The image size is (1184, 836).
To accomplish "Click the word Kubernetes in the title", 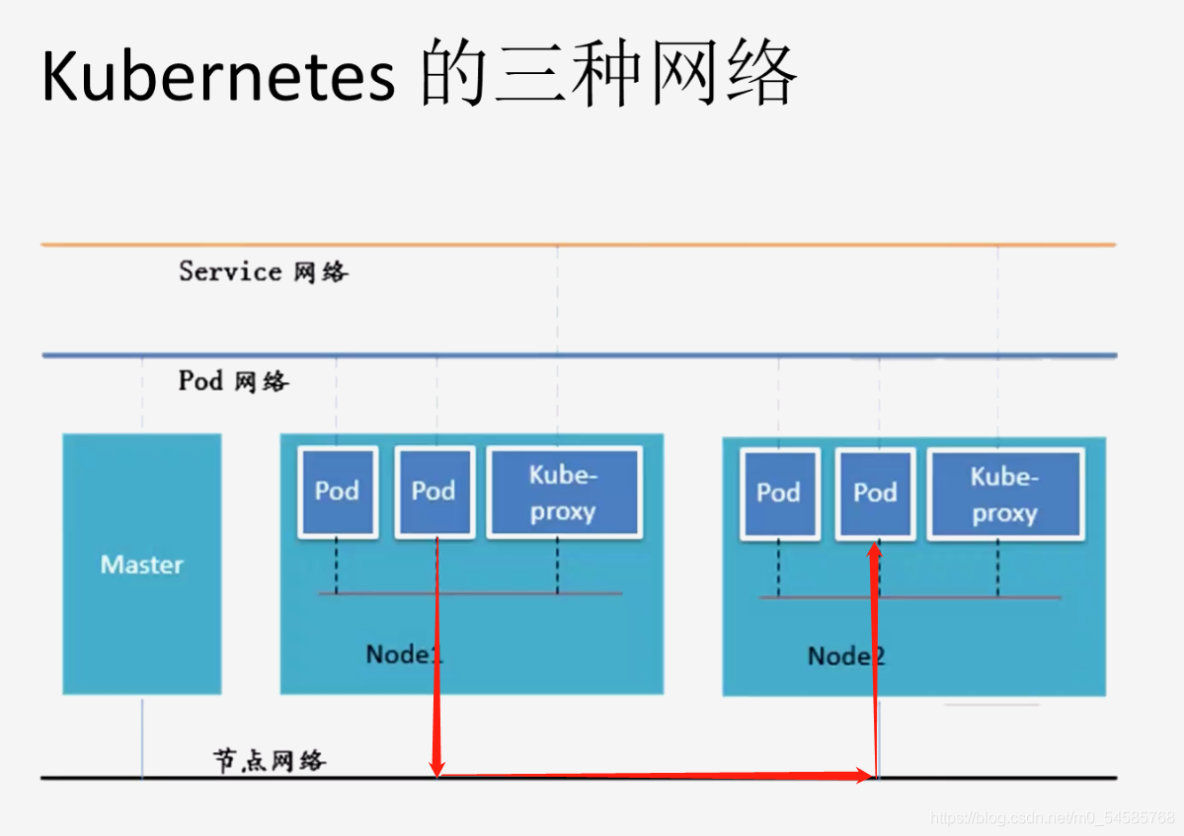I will [x=218, y=75].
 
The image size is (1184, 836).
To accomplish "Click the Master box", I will [x=142, y=565].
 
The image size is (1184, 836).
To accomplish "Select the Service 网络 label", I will [x=263, y=271].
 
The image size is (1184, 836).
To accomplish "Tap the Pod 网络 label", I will [x=234, y=381].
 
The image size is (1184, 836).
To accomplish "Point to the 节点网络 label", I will [x=270, y=760].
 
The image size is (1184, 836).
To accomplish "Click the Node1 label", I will [x=404, y=653].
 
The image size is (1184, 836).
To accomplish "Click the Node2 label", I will [x=845, y=655].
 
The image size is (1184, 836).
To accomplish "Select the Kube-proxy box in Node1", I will [x=563, y=493].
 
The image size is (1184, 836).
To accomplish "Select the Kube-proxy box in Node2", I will [x=1004, y=494].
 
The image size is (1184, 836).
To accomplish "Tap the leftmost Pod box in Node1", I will [x=337, y=492].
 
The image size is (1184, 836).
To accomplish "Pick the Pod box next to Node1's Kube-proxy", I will [x=434, y=492].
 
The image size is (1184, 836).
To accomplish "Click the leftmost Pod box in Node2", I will [x=778, y=494].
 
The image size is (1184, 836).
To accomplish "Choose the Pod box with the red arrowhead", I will [x=875, y=494].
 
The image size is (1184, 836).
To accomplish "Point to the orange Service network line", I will [x=578, y=244].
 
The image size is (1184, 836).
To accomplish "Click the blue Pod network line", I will [x=578, y=355].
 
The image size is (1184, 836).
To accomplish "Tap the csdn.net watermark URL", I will [x=1053, y=818].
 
